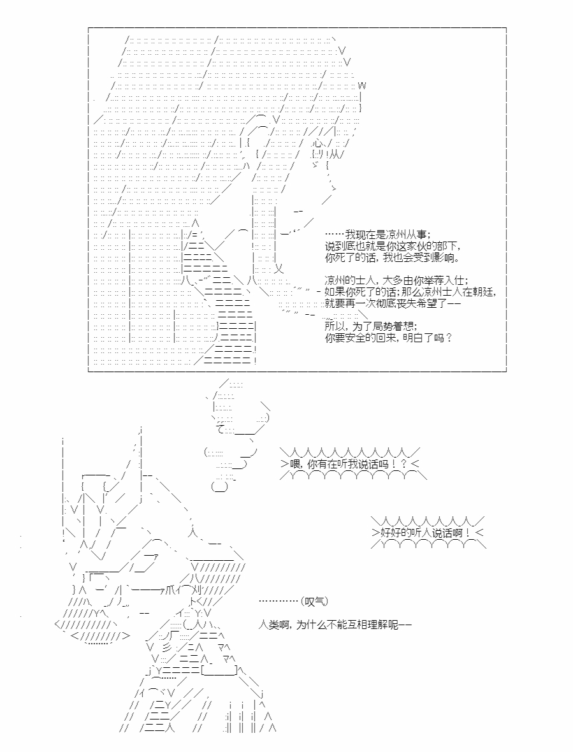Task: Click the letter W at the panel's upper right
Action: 362,86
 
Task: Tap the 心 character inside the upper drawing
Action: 318,143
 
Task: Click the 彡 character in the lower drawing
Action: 167,646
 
